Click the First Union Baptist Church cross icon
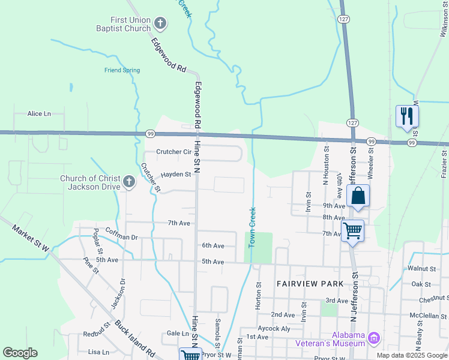160,24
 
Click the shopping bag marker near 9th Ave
358,196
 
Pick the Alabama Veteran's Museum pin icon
375,339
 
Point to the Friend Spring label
122,70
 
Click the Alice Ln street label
40,113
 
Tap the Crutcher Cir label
173,152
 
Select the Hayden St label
175,175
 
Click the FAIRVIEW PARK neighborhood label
310,283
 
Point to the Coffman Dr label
122,237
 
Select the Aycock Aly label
273,329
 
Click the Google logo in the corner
20,353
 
